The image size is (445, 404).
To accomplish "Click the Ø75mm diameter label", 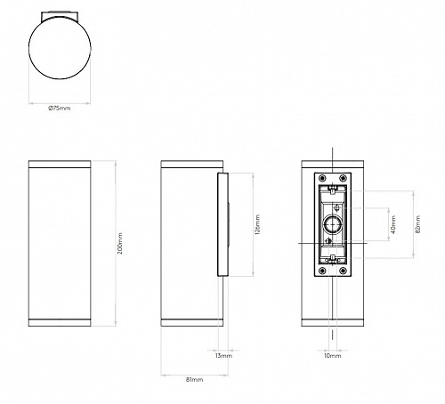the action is (x=60, y=109).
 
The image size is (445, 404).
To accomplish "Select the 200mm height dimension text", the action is (x=120, y=244).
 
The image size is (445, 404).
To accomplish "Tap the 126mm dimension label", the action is (x=257, y=224).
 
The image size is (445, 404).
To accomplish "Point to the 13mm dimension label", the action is (x=223, y=356).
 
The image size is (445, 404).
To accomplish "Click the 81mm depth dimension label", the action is (x=195, y=379).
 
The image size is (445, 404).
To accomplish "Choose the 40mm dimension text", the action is (x=393, y=224).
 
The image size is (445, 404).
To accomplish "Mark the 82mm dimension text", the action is (x=418, y=224).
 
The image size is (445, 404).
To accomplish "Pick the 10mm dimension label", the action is (x=332, y=356).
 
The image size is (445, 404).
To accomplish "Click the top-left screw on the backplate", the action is (x=322, y=178).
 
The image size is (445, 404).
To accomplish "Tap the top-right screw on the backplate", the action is (x=344, y=178).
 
